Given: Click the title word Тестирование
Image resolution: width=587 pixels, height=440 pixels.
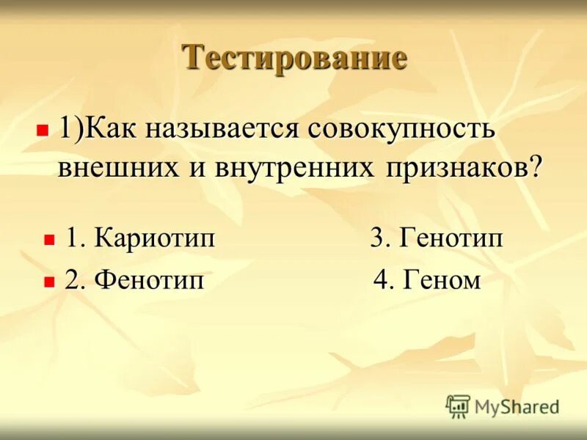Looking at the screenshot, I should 294,58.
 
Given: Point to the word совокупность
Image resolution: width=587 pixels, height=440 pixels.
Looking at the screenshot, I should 402,131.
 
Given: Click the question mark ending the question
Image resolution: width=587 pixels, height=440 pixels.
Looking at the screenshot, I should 537,168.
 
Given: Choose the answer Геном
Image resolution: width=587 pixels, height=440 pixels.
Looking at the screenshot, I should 441,280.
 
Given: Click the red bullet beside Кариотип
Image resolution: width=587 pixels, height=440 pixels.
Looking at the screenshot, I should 49,240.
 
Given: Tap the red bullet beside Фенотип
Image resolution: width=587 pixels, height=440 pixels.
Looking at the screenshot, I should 49,280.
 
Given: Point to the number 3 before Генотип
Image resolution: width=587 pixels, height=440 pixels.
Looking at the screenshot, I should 378,240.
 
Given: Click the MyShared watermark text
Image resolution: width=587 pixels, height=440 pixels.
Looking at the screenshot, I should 517,406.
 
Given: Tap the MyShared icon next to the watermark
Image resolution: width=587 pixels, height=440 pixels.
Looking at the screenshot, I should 458,406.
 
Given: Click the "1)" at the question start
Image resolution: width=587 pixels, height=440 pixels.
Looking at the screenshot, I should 71,131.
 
